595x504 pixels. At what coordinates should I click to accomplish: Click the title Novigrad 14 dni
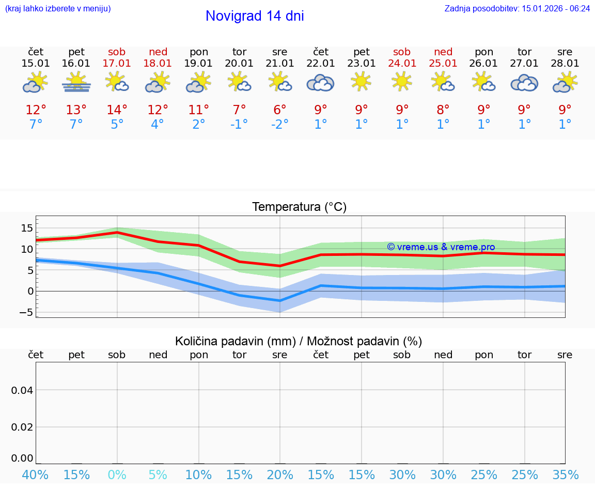click(255, 16)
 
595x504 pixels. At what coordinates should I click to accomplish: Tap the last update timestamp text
click(517, 8)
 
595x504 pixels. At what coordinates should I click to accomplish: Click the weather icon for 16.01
click(76, 82)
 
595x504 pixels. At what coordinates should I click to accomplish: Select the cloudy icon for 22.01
click(321, 83)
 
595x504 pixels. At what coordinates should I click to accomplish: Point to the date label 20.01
click(239, 63)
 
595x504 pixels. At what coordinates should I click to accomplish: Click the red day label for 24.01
click(402, 52)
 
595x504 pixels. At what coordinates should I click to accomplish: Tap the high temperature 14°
click(117, 110)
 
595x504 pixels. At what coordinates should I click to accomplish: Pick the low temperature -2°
click(279, 125)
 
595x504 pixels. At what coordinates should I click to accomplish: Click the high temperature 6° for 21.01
click(279, 110)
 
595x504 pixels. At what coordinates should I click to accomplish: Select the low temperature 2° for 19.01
click(199, 125)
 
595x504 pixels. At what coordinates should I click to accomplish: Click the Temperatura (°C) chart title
click(299, 207)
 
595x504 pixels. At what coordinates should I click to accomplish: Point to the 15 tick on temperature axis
click(27, 228)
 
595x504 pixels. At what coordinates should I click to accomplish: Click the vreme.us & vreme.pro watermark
click(441, 247)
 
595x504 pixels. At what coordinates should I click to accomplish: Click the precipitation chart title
click(299, 341)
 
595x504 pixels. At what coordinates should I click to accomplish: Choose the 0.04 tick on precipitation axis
click(22, 390)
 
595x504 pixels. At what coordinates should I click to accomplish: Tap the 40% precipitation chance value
click(36, 475)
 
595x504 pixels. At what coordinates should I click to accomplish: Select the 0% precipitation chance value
click(117, 475)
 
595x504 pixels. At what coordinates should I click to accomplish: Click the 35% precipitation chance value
click(565, 475)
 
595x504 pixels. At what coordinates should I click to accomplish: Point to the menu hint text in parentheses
click(58, 8)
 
